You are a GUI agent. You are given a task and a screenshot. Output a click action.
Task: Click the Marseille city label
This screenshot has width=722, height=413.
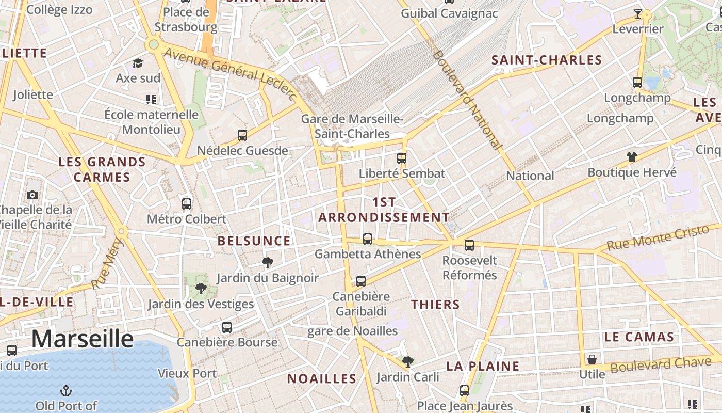(83, 339)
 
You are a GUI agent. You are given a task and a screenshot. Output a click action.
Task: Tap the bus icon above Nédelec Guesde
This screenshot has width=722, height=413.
(242, 135)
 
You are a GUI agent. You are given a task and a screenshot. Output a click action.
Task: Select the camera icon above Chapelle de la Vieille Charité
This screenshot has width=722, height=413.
(32, 195)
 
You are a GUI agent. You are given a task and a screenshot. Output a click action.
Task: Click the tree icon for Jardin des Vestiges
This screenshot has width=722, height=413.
(201, 289)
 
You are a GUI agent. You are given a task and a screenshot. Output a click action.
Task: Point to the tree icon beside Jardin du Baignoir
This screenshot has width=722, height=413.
(267, 263)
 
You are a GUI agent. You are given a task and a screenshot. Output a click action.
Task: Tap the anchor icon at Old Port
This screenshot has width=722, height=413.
(66, 390)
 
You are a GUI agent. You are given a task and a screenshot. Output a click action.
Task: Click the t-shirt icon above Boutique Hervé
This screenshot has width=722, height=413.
(632, 156)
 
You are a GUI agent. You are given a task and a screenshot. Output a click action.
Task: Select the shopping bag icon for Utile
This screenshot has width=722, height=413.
(592, 359)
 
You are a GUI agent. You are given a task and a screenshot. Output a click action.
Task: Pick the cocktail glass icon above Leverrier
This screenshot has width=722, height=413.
(638, 13)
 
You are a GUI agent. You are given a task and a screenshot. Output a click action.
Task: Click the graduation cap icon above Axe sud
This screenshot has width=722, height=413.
(138, 63)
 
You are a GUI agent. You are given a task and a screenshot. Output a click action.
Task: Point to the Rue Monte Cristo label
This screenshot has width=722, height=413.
(663, 238)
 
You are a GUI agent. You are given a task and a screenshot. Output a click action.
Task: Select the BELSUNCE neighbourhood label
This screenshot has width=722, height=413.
(254, 241)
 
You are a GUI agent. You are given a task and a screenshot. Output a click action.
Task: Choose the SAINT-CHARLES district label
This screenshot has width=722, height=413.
(547, 60)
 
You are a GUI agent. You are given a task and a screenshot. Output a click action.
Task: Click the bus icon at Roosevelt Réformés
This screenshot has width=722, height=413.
(469, 245)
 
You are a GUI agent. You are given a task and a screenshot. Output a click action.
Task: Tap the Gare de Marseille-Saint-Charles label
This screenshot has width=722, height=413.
(352, 126)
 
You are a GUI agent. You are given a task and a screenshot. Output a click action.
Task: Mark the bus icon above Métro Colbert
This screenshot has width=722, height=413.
(187, 203)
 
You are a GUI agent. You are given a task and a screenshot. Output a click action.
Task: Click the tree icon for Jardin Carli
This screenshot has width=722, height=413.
(408, 361)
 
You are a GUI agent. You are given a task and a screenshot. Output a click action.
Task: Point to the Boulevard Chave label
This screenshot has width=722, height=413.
(661, 365)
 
